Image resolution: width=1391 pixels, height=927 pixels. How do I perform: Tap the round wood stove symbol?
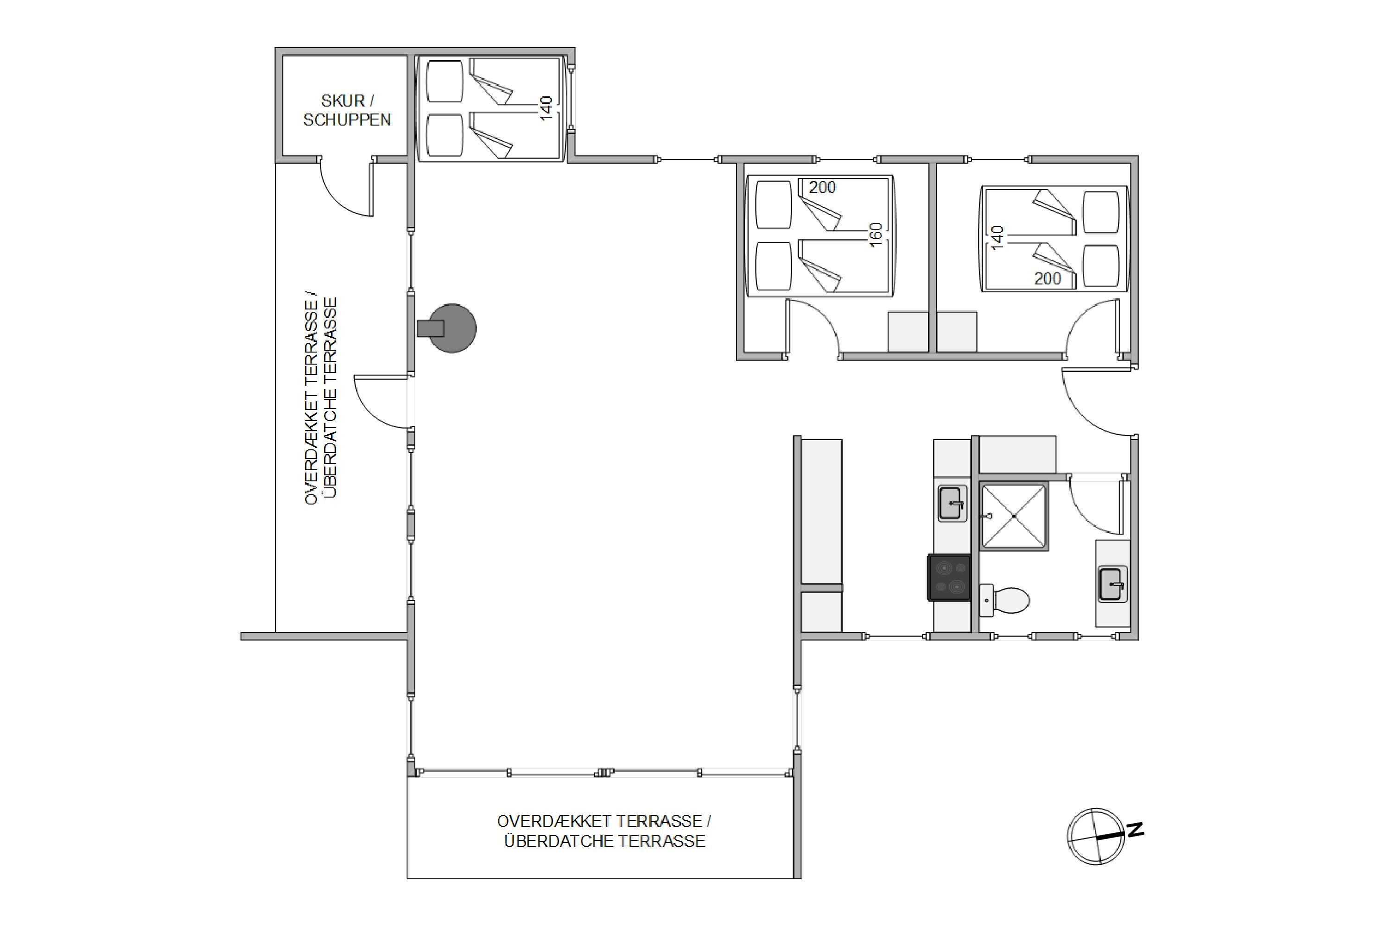coord(451,328)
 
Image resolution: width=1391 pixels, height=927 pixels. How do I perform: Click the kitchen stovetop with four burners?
coord(949,578)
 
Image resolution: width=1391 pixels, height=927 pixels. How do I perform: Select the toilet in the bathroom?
coord(1004,599)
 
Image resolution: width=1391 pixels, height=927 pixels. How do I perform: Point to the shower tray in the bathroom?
coord(1014,516)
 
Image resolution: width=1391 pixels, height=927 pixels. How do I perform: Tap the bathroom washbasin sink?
coord(1112,584)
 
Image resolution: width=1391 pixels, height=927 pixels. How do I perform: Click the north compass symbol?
coord(1096,837)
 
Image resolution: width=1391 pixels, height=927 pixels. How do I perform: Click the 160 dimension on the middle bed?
coord(876,235)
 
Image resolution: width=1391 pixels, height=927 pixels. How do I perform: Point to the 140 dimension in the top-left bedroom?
coord(546,108)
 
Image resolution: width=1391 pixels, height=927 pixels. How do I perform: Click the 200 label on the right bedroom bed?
coord(1048,278)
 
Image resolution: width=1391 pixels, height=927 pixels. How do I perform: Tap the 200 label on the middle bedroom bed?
coord(822,188)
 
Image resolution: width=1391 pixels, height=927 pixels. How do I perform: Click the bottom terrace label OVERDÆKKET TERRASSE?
coord(604,821)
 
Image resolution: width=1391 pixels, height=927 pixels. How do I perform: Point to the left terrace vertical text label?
coord(321,400)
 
